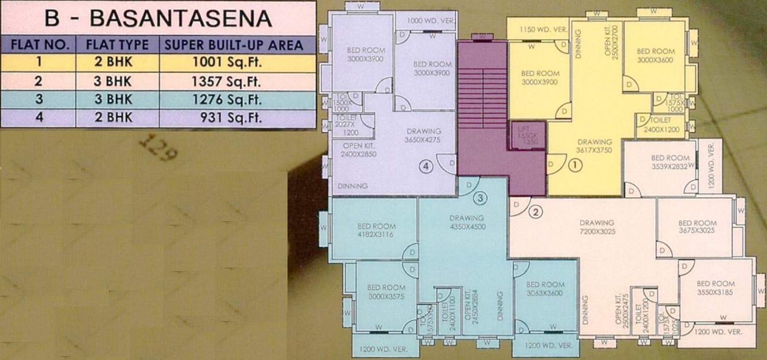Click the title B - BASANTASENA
click(x=158, y=18)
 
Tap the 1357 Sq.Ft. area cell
click(x=237, y=82)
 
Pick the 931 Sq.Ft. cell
click(x=237, y=118)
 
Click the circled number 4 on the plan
click(x=425, y=167)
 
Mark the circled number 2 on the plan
click(x=535, y=212)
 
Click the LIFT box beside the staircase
click(x=528, y=136)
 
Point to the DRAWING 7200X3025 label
click(x=597, y=226)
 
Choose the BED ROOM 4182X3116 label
click(x=376, y=230)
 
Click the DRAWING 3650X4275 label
click(x=424, y=135)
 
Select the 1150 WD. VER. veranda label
click(x=543, y=29)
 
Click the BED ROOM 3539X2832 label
click(x=670, y=161)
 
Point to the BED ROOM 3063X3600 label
click(x=545, y=288)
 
